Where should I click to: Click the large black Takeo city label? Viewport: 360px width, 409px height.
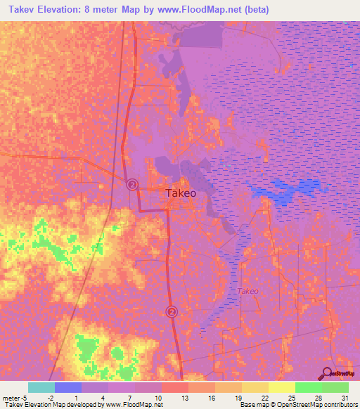point(181,193)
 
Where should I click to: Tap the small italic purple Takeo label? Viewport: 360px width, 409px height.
point(247,291)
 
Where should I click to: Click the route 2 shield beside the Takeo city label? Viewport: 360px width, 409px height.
point(133,184)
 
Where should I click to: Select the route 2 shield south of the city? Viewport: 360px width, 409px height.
point(172,311)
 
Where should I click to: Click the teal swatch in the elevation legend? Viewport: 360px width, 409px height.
point(41,387)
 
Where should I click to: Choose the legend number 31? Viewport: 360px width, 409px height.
point(343,398)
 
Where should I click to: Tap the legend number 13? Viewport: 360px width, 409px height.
point(183,398)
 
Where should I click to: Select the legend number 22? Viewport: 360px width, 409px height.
point(263,398)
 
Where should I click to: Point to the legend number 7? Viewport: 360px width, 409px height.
point(129,398)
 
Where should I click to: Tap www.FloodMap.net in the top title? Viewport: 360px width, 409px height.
point(210,10)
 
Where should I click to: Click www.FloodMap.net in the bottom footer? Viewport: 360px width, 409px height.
point(133,405)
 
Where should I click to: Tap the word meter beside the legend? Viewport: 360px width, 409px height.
point(11,398)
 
